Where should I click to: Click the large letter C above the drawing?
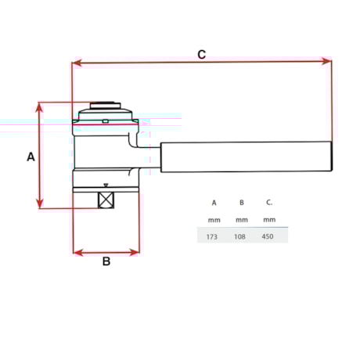201,54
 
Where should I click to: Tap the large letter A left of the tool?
31,157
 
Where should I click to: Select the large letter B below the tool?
106,261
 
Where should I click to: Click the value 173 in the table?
212,236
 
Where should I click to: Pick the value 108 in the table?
241,236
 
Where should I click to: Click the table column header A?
214,203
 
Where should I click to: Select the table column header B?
241,203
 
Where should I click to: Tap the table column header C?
268,203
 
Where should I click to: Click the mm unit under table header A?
214,219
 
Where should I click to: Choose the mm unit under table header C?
269,219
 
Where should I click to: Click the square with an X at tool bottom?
106,200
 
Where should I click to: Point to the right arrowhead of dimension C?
328,62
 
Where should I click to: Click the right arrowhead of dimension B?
136,252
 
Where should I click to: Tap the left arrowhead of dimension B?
77,252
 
